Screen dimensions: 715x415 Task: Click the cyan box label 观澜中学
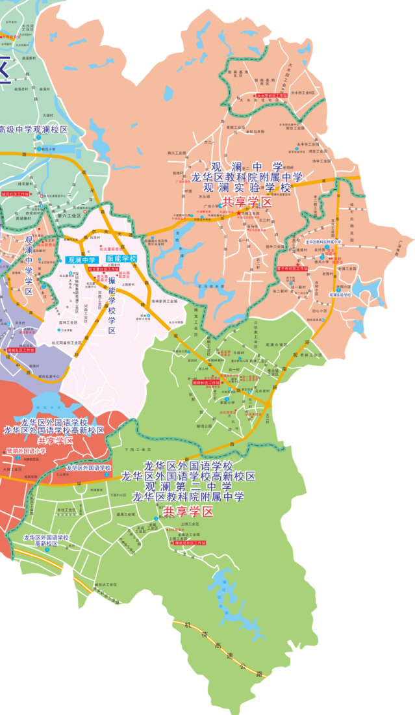click(81, 260)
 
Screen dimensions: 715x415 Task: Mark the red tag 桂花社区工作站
click(15, 194)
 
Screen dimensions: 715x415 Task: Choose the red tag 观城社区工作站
click(21, 349)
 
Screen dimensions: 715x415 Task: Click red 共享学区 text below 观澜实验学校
click(246, 201)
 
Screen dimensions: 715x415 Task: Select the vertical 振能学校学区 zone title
click(112, 305)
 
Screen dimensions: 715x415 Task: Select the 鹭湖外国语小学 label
click(27, 450)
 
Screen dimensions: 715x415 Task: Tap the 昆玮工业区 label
click(68, 322)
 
